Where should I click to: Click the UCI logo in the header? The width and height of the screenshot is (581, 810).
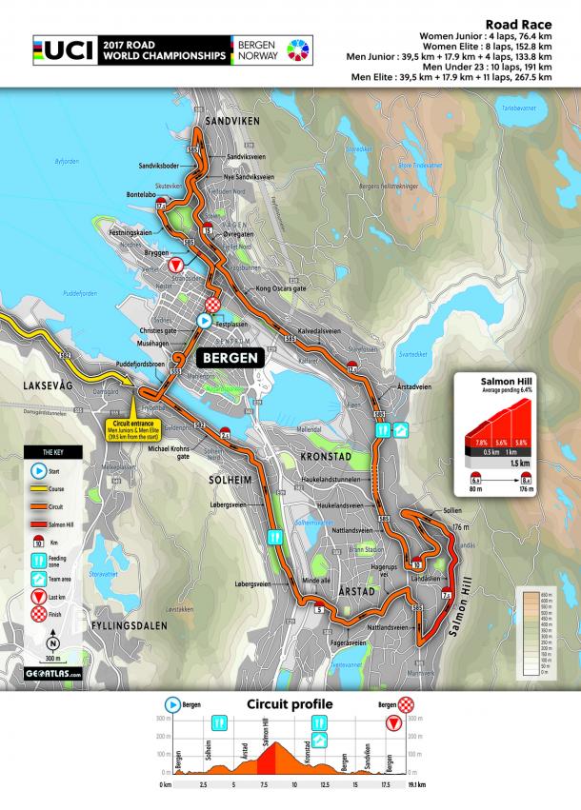[64, 51]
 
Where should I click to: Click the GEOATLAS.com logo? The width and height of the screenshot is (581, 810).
[53, 673]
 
